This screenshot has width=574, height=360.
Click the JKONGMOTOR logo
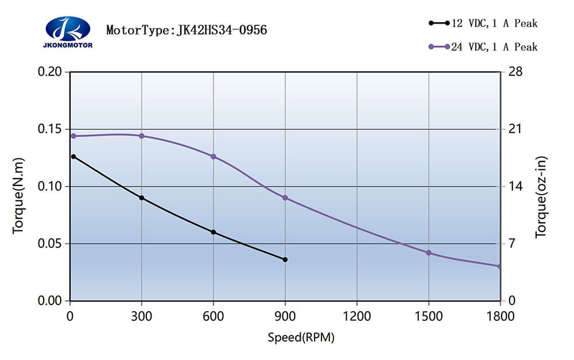point(68,32)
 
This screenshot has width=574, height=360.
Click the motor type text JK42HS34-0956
point(187,30)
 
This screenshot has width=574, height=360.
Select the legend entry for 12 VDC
point(483,24)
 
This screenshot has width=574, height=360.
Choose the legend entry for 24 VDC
point(483,47)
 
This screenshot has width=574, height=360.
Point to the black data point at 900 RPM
point(285,260)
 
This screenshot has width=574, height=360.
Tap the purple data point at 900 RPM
point(285,198)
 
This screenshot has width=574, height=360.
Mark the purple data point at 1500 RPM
point(428,253)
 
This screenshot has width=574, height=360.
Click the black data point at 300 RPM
point(142,198)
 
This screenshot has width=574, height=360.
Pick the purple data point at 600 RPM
point(214,156)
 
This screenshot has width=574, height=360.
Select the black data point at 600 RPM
point(214,232)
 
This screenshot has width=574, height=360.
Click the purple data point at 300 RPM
point(142,136)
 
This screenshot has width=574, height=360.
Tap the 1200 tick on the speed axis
point(357,316)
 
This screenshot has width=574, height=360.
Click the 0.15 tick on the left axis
point(49,129)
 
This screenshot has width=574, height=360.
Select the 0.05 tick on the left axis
point(49,244)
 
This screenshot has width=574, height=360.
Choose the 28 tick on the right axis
point(514,72)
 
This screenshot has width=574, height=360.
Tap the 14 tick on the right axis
point(514,187)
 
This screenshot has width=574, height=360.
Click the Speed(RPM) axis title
point(301,337)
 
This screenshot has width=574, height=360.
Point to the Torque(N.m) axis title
point(19,195)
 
